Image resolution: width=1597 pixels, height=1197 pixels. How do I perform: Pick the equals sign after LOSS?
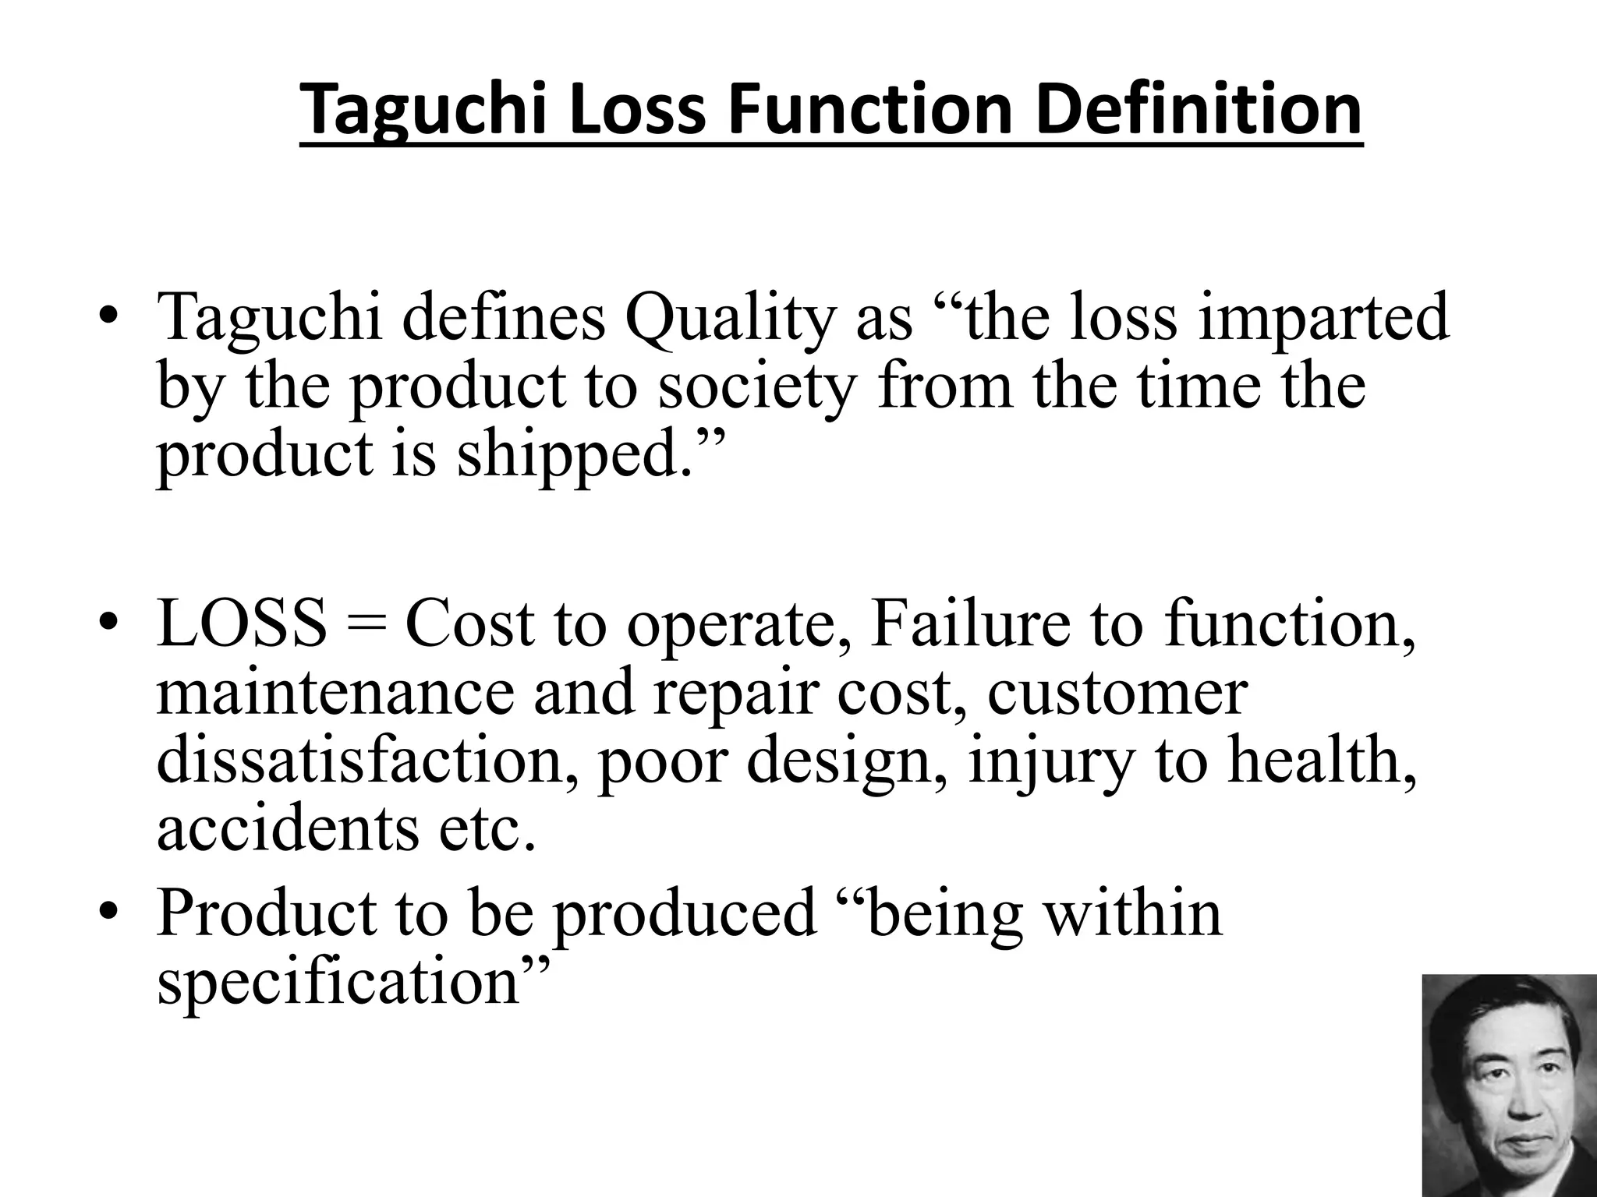click(x=366, y=626)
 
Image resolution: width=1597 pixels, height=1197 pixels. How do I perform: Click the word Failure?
click(x=969, y=626)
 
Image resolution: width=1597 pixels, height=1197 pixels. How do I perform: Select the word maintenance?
click(x=336, y=693)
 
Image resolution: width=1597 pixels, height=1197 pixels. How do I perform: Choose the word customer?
click(x=1117, y=693)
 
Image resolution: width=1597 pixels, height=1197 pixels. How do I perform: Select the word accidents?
click(x=287, y=828)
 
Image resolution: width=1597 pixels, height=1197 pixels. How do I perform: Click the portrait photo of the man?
click(x=1509, y=1085)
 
